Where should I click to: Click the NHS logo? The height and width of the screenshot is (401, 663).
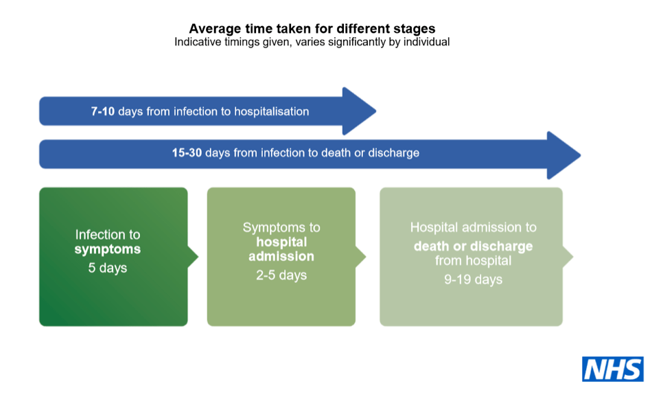click(613, 369)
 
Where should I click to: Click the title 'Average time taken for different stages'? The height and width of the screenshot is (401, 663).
click(312, 29)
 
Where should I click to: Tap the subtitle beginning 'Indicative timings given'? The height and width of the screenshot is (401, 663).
click(312, 42)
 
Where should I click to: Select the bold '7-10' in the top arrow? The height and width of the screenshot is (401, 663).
click(103, 111)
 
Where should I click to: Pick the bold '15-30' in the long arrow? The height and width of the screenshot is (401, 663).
click(187, 152)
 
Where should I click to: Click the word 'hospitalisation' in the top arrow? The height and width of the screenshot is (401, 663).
click(272, 111)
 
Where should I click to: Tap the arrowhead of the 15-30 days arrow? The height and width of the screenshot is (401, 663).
click(563, 154)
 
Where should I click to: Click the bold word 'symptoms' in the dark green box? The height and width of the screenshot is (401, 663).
click(108, 249)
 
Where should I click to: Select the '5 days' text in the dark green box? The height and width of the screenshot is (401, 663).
click(108, 268)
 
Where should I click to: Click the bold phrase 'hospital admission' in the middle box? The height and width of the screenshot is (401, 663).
click(281, 249)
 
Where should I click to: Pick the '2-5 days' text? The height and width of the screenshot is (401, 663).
click(281, 275)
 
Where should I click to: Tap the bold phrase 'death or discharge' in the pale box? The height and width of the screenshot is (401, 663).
click(473, 246)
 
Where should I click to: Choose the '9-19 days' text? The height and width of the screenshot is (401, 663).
click(473, 279)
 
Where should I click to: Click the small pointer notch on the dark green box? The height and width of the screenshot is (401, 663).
click(194, 257)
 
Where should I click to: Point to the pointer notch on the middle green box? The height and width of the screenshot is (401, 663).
click(361, 257)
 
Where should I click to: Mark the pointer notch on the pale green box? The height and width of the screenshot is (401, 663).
click(568, 257)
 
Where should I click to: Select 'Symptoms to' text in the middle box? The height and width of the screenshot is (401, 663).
click(281, 227)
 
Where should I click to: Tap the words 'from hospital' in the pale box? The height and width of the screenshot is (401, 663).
click(473, 261)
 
